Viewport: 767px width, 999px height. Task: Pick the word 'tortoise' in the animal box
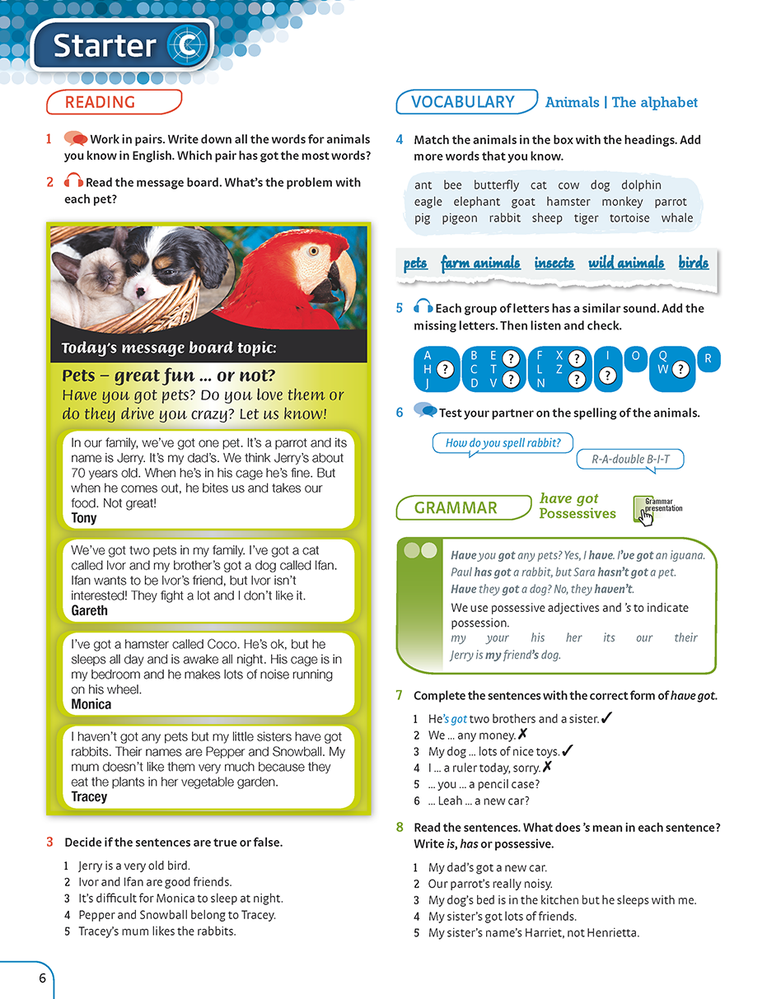(x=630, y=218)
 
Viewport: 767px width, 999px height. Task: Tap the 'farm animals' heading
(x=480, y=264)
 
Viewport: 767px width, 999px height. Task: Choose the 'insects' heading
(x=554, y=264)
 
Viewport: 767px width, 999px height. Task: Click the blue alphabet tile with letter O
(x=635, y=357)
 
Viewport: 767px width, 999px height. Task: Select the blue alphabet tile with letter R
(x=708, y=360)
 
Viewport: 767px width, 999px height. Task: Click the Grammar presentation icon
(x=643, y=510)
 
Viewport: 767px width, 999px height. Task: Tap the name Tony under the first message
(x=84, y=518)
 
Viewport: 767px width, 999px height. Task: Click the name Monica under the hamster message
(x=91, y=704)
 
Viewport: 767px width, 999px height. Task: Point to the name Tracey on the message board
(x=89, y=796)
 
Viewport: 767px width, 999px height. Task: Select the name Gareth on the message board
(x=89, y=610)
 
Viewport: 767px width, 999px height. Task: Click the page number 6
(x=41, y=979)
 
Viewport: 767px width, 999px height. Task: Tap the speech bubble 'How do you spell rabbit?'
(x=503, y=443)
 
